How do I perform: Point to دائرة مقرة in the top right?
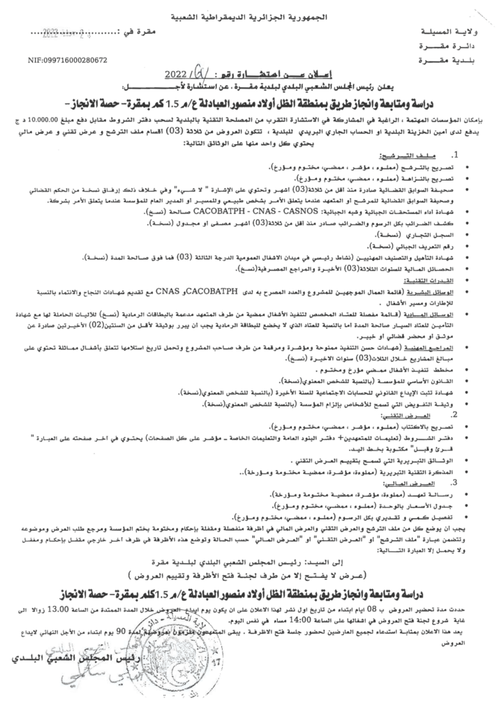tap(446, 45)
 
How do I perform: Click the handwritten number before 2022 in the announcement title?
tap(203, 70)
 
